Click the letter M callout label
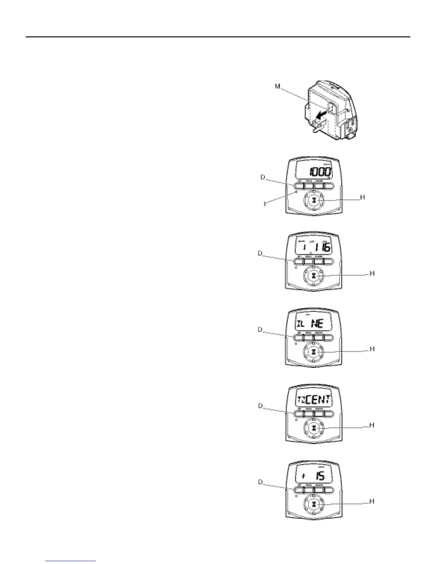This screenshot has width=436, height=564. [x=277, y=86]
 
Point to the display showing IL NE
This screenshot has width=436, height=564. [x=313, y=323]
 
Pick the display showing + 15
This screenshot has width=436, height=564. [x=313, y=476]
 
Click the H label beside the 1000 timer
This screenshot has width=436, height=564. [x=363, y=197]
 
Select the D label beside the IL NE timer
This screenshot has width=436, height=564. [x=260, y=330]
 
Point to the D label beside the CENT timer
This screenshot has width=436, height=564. [x=260, y=406]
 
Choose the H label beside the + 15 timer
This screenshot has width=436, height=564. [x=372, y=501]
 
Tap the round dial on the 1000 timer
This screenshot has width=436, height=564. [x=313, y=200]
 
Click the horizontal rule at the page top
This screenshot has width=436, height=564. [x=218, y=37]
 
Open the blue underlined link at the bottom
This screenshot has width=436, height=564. [x=71, y=561]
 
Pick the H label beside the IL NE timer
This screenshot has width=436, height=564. [x=372, y=349]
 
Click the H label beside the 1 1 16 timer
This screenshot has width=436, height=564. [x=372, y=273]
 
